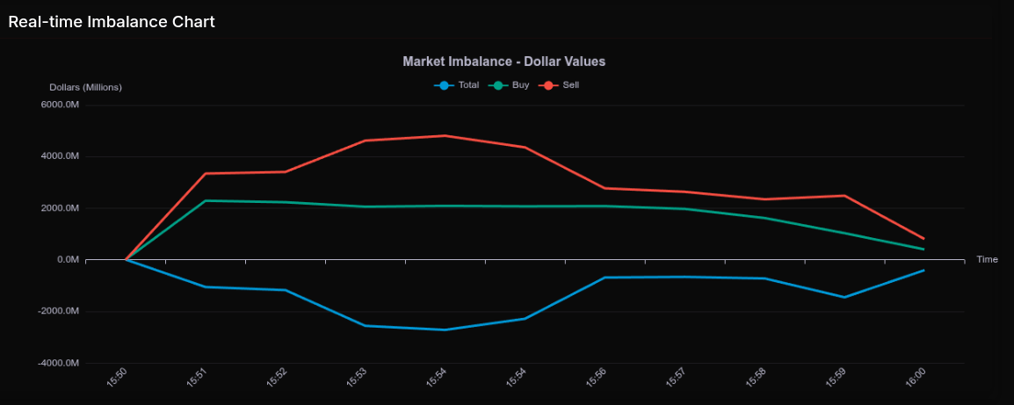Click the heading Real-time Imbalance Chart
click(112, 22)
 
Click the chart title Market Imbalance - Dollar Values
click(503, 61)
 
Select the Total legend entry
click(457, 85)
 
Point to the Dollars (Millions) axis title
click(85, 87)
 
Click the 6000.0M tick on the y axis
click(61, 105)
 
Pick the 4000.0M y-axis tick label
click(61, 156)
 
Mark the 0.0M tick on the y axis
click(68, 260)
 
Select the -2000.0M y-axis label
click(59, 311)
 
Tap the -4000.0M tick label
click(59, 363)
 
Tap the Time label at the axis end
click(987, 260)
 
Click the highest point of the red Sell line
click(445, 135)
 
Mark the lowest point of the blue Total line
click(445, 329)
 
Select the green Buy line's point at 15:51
click(205, 200)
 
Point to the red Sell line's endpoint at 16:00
click(923, 238)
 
